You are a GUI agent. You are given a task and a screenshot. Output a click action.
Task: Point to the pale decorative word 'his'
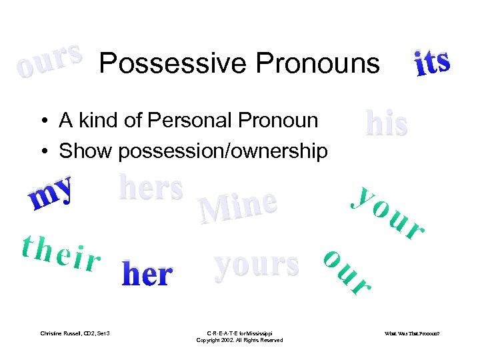click(x=387, y=123)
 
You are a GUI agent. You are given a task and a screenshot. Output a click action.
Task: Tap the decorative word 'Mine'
click(x=238, y=207)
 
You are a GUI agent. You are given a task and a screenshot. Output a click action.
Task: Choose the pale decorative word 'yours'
click(x=256, y=264)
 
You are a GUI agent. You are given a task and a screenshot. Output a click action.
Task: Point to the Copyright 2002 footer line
click(x=239, y=340)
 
